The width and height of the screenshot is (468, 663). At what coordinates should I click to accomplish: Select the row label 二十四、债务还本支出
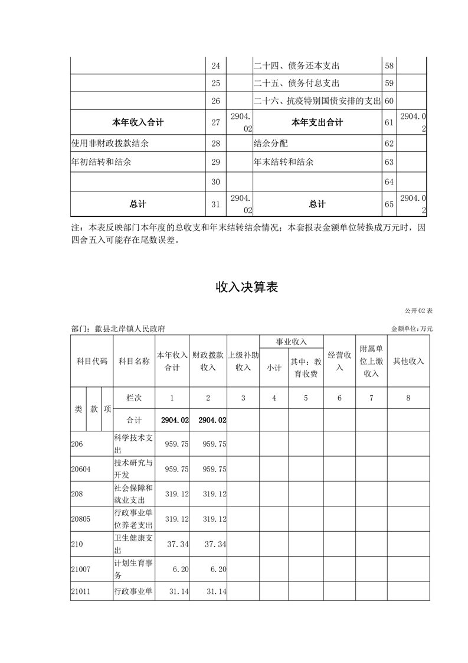click(x=296, y=66)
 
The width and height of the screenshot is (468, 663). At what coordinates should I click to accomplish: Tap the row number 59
click(x=389, y=83)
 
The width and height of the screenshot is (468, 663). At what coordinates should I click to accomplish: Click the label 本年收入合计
click(x=138, y=123)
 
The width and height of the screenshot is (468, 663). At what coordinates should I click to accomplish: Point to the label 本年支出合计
click(x=317, y=123)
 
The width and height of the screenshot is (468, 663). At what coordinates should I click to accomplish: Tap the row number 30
click(x=215, y=182)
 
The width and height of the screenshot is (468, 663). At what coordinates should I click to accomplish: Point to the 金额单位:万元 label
click(x=412, y=329)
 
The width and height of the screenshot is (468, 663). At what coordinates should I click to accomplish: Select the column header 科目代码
click(x=91, y=361)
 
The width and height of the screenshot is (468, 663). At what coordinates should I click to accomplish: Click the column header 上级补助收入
click(x=243, y=361)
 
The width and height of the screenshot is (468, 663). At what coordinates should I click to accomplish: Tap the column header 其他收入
click(x=408, y=361)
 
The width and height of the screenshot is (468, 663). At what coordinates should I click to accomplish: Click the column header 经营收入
click(x=339, y=361)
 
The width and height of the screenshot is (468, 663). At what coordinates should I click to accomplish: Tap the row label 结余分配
click(x=271, y=143)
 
